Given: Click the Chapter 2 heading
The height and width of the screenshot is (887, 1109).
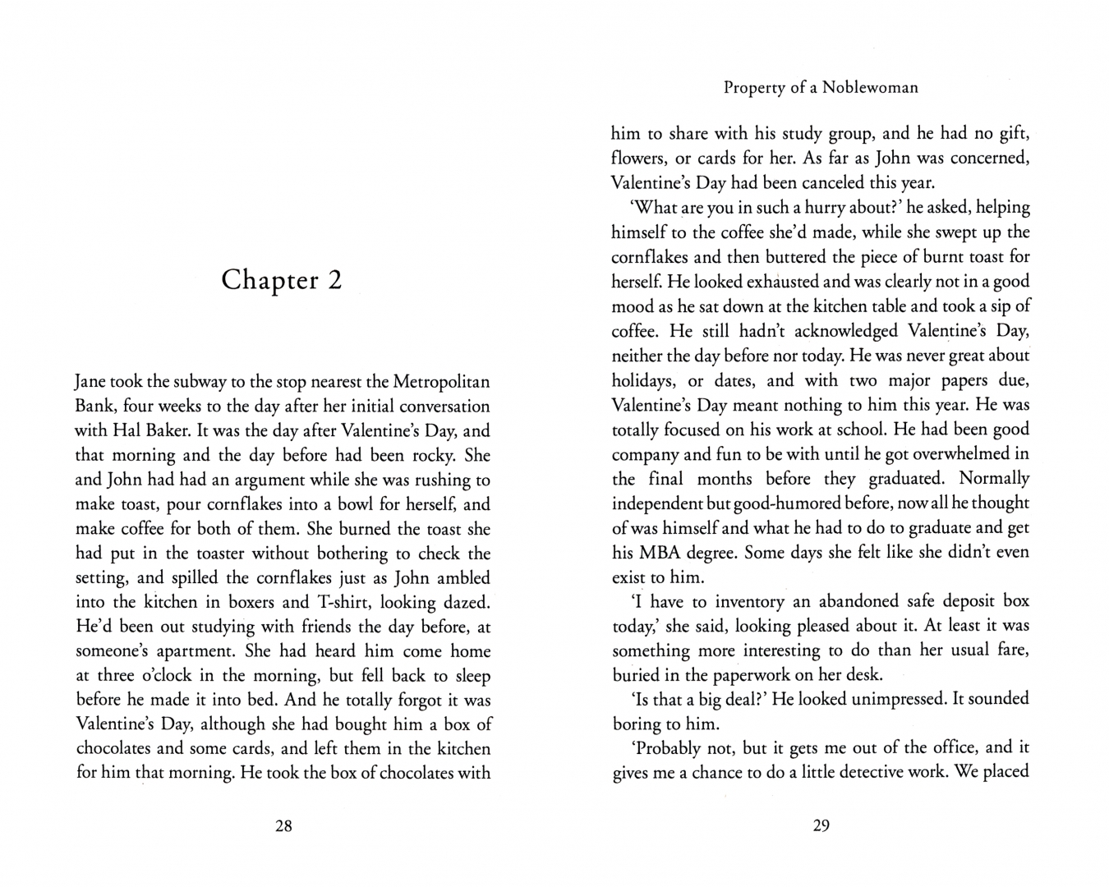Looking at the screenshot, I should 282,280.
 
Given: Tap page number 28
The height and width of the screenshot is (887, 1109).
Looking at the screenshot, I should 283,826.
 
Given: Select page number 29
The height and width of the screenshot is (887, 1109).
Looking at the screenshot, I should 821,826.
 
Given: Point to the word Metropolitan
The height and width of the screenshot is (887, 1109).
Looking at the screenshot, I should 441,382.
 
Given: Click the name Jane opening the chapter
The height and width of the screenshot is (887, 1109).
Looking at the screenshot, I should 91,382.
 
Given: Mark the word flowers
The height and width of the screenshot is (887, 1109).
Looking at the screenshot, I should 639,158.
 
